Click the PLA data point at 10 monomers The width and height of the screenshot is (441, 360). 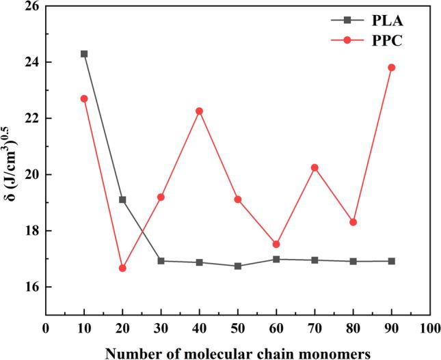pyautogui.click(x=84, y=53)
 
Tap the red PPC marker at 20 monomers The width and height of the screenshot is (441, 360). pyautogui.click(x=122, y=268)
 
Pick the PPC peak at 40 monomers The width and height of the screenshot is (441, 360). pyautogui.click(x=199, y=111)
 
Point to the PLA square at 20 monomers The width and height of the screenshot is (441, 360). pyautogui.click(x=122, y=199)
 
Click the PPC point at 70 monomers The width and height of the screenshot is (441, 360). pyautogui.click(x=315, y=167)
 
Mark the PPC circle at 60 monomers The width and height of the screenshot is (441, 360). pyautogui.click(x=276, y=244)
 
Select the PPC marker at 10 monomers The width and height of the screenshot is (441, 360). pyautogui.click(x=84, y=98)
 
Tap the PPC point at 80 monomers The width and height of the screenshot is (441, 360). pyautogui.click(x=353, y=222)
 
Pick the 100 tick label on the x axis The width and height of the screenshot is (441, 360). pyautogui.click(x=429, y=328)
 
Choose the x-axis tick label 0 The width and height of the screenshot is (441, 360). pyautogui.click(x=46, y=328)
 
